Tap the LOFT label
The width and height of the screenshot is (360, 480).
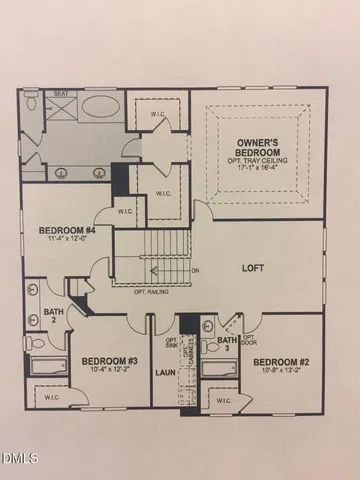(254, 268)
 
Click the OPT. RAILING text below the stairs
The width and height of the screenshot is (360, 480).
(150, 293)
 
